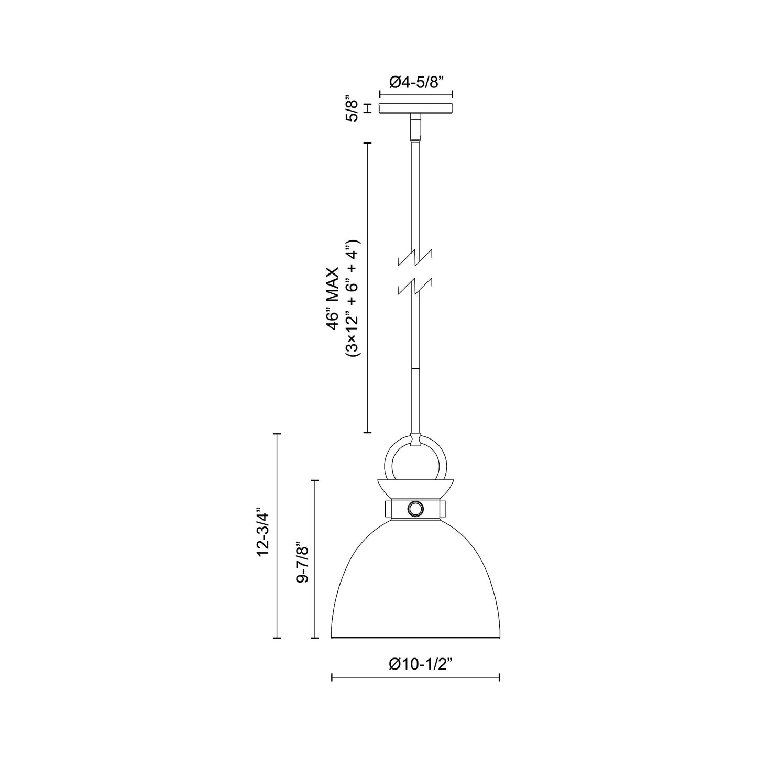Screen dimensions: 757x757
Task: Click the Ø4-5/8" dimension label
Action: (416, 82)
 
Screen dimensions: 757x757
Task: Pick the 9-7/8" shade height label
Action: (302, 563)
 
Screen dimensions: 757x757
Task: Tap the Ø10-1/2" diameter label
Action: (420, 664)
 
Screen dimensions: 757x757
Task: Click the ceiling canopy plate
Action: (416, 108)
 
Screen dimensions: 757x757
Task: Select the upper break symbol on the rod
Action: (416, 257)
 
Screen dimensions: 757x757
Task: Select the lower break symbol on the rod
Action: (416, 286)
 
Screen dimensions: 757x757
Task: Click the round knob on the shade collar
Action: (416, 508)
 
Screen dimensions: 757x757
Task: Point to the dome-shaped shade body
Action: (416, 582)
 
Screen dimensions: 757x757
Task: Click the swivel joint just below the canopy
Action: (416, 129)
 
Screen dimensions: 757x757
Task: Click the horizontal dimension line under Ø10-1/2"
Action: (416, 678)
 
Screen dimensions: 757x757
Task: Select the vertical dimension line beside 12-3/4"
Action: (278, 534)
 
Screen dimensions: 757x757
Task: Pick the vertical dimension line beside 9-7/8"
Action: (315, 558)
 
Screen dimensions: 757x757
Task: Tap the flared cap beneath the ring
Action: (416, 488)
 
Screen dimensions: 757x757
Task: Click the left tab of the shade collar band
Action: (388, 508)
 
